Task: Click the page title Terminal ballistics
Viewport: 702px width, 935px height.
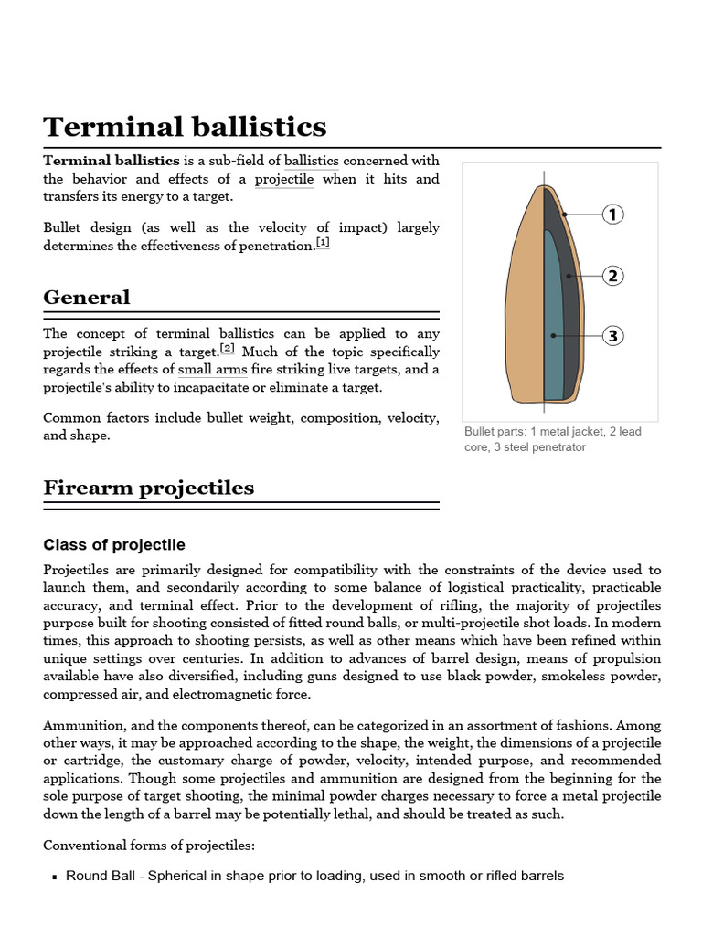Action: [185, 126]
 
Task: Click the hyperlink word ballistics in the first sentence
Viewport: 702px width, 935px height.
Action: [311, 161]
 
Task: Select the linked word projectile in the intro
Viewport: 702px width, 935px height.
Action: [283, 179]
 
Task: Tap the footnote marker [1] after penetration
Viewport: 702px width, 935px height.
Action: [323, 243]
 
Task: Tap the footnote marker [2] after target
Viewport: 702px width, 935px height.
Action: [228, 349]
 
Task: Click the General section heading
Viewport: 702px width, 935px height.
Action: [87, 298]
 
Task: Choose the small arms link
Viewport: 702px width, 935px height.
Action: [207, 370]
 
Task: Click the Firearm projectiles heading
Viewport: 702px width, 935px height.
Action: [148, 488]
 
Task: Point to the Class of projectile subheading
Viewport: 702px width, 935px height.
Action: [114, 545]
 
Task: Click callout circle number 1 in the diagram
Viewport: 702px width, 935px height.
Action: [612, 215]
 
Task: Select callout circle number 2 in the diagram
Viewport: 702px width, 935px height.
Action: [612, 276]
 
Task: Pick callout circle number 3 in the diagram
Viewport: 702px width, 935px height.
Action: [612, 336]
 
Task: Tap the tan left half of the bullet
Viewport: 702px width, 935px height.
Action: [524, 301]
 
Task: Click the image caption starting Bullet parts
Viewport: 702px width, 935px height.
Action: [552, 439]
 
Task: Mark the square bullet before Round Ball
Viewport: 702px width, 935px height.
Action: [56, 877]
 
